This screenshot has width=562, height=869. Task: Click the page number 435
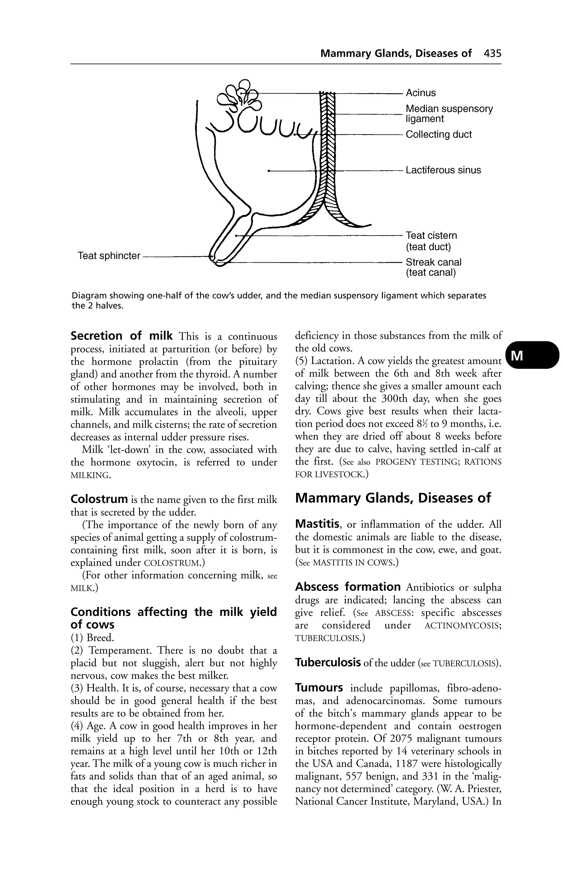pyautogui.click(x=492, y=54)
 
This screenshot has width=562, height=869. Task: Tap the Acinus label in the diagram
pyautogui.click(x=421, y=93)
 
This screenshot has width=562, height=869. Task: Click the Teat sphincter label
pyautogui.click(x=109, y=256)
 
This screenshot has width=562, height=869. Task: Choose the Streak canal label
pyautogui.click(x=434, y=262)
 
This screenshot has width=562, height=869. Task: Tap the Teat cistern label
pyautogui.click(x=431, y=236)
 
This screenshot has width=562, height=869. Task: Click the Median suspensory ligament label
pyautogui.click(x=449, y=114)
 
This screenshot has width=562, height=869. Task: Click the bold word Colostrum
pyautogui.click(x=99, y=499)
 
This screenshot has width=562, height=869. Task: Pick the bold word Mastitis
pyautogui.click(x=318, y=524)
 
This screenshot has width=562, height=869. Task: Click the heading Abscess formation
pyautogui.click(x=348, y=587)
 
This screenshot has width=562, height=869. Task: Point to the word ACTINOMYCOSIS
pyautogui.click(x=462, y=625)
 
